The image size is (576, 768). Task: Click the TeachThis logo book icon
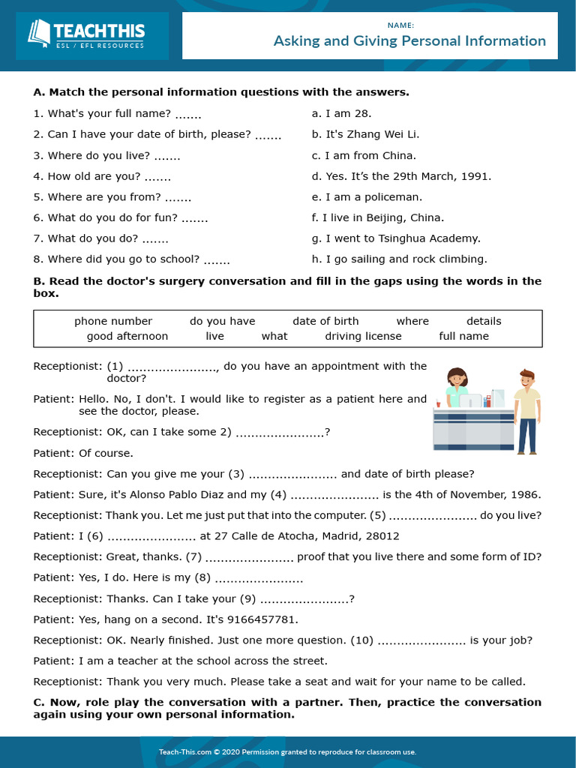click(38, 34)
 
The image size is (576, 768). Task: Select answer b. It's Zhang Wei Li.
click(365, 134)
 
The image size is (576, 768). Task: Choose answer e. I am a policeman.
click(366, 197)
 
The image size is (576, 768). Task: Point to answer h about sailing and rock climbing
click(399, 259)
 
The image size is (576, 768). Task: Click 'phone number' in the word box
click(113, 321)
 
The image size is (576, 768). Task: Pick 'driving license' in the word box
click(363, 336)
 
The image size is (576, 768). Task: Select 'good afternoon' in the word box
click(127, 336)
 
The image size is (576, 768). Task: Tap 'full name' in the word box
click(463, 336)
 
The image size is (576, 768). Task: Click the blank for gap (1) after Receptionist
click(172, 367)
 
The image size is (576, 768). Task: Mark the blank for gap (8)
click(259, 579)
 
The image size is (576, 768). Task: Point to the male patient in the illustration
click(527, 411)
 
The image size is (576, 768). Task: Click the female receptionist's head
click(457, 376)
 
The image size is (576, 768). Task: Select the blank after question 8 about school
click(217, 261)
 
